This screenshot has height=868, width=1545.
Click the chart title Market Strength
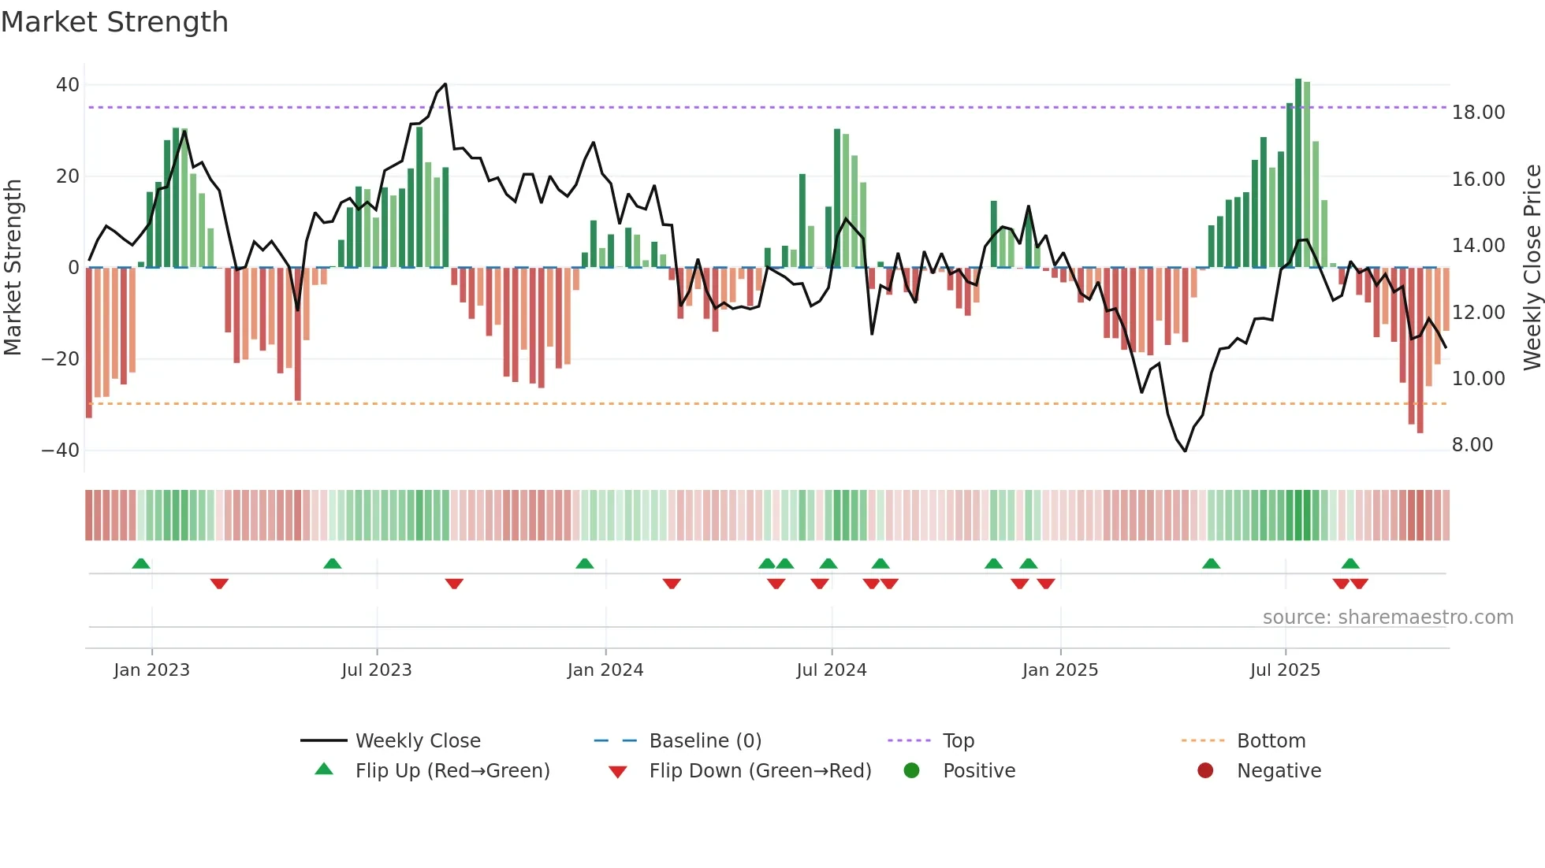(x=114, y=22)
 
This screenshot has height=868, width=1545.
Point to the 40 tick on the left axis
(x=67, y=85)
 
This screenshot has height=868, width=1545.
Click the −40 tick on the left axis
(x=61, y=451)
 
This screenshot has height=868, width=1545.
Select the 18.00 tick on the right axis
(x=1478, y=113)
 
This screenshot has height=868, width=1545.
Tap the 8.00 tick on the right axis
(x=1472, y=445)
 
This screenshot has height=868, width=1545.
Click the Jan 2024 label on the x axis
(x=605, y=670)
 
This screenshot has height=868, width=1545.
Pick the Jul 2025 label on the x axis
(x=1284, y=670)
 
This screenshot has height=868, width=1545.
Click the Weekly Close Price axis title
(x=1532, y=268)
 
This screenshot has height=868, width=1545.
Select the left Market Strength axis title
(x=13, y=268)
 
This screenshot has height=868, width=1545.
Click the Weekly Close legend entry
(x=417, y=741)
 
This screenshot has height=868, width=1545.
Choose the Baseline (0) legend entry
(x=705, y=741)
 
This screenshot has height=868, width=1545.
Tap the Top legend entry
(x=958, y=741)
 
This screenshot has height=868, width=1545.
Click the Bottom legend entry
(x=1271, y=741)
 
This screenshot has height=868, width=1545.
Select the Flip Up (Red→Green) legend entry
(x=452, y=771)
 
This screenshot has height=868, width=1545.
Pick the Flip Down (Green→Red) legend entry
(x=759, y=771)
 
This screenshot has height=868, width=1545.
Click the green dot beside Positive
(x=911, y=771)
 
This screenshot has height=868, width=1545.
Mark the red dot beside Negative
(x=1204, y=771)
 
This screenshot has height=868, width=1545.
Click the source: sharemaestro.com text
(x=1387, y=618)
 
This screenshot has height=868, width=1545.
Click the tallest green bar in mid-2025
(x=1297, y=173)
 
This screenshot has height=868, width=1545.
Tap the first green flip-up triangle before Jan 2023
(x=141, y=564)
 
